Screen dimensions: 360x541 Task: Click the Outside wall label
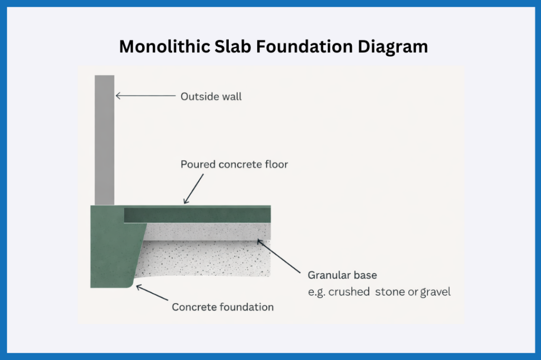tap(211, 97)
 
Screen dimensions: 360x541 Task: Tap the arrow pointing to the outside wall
tap(145, 96)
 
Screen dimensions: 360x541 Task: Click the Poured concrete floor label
tap(234, 165)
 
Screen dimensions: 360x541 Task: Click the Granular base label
tap(342, 276)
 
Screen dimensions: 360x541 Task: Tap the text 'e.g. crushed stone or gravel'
tap(379, 291)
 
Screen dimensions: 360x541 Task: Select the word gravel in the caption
tap(436, 291)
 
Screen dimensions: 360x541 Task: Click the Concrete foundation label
tap(222, 307)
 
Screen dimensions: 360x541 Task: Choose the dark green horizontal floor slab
tap(198, 215)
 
